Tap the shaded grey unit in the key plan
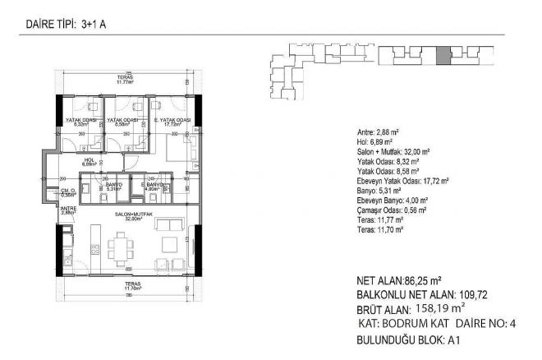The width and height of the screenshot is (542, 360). tap(443, 56)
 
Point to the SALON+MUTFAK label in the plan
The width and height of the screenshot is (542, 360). tap(127, 216)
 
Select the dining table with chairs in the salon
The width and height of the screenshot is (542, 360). tap(122, 245)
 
